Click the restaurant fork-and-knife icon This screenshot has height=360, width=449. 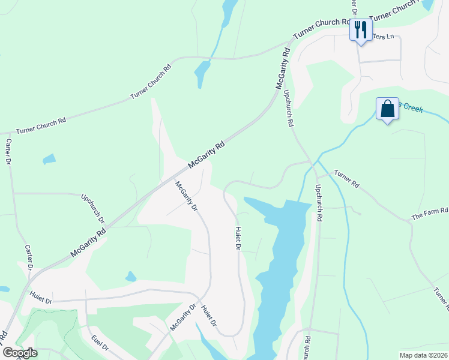pos(360,28)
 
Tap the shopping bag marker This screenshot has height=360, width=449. pos(387,109)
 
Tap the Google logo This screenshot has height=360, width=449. pos(19,353)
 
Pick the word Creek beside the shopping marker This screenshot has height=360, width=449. pos(412,108)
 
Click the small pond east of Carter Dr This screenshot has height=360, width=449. pos(49,160)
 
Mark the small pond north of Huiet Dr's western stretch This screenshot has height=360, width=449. pos(130,277)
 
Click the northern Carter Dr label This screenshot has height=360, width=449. pos(9,154)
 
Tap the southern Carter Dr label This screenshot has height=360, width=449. pos(28,257)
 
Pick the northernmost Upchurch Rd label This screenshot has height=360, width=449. pos(288,107)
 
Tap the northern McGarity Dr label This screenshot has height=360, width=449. pos(186,197)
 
